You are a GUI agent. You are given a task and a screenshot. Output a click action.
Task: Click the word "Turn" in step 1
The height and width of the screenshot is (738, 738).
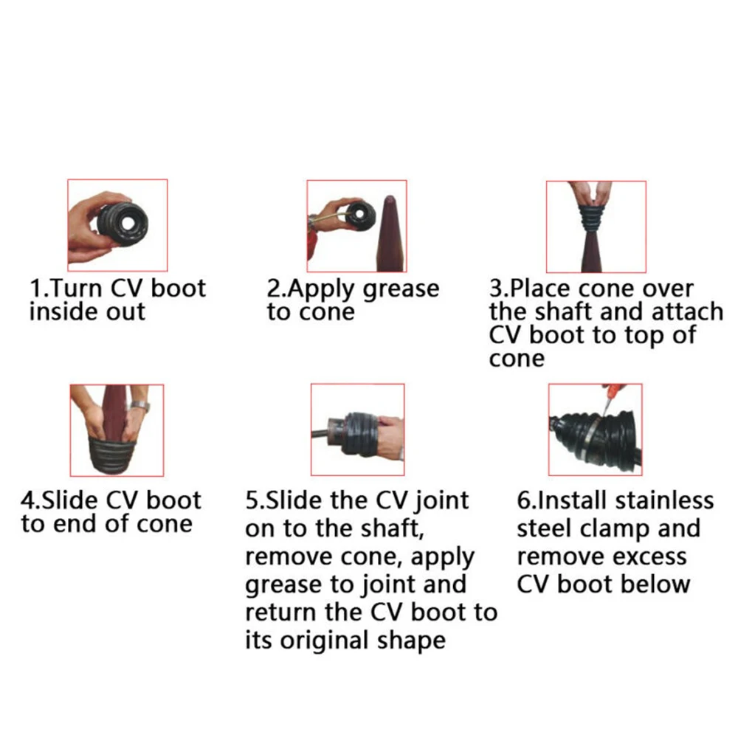click(x=75, y=288)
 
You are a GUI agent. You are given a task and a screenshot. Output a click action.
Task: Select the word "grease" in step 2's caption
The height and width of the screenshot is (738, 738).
click(x=401, y=290)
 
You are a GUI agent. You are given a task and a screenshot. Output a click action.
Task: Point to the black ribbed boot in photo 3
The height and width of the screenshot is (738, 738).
click(x=596, y=219)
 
